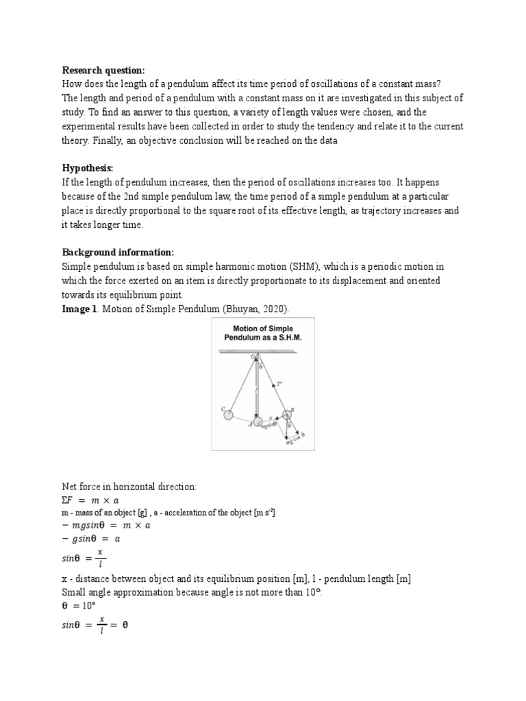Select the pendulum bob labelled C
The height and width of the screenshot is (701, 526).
pos(229,413)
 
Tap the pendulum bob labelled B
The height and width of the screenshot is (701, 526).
pos(288,416)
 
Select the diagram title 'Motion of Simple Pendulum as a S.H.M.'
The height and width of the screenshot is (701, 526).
pos(262,333)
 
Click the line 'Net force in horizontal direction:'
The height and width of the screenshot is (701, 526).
pos(129,487)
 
